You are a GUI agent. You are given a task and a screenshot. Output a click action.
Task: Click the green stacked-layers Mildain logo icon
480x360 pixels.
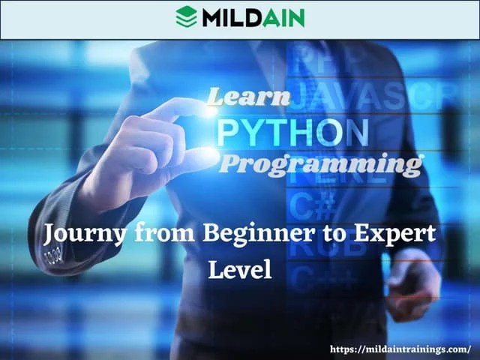coord(186,16)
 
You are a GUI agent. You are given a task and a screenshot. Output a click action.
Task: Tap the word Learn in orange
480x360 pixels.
coord(247,97)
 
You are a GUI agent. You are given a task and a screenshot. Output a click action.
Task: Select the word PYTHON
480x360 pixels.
coord(292,132)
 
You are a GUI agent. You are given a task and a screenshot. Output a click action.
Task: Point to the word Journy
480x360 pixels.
coord(82,234)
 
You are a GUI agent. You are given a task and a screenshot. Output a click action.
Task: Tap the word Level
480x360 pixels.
coord(240,268)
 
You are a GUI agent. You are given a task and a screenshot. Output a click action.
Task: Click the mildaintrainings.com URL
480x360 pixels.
coord(400,348)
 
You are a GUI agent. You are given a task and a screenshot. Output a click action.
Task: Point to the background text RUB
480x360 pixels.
coord(315,247)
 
